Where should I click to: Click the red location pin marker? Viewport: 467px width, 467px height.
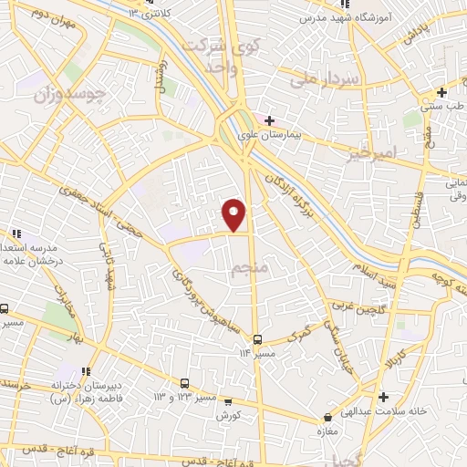click(x=234, y=214)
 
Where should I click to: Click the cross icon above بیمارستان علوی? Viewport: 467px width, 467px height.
click(x=269, y=119)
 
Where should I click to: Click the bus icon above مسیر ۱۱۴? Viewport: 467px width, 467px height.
click(x=257, y=337)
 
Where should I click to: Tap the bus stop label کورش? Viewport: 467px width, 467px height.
click(x=228, y=415)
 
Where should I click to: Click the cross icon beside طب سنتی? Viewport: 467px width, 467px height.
click(x=441, y=92)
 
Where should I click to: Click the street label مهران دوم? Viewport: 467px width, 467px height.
click(x=35, y=16)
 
